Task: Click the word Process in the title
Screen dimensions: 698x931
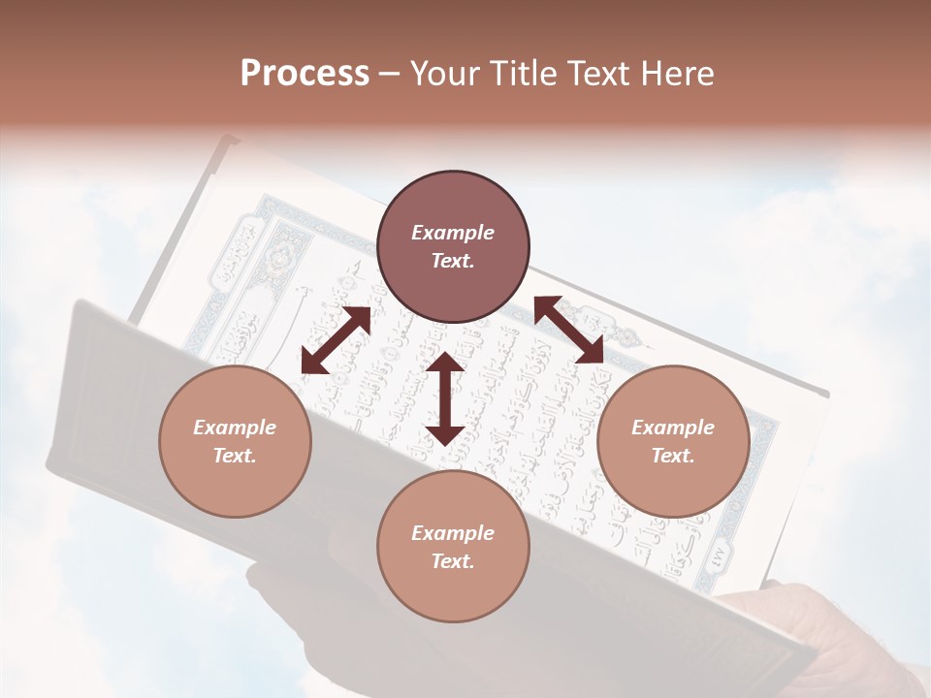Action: tap(305, 74)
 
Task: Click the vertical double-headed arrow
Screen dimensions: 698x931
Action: tap(445, 399)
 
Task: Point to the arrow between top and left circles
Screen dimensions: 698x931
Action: tap(336, 340)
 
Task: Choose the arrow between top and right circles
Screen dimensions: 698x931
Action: tap(569, 331)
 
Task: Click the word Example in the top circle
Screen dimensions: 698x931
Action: tap(453, 233)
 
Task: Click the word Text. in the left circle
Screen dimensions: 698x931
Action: tap(235, 456)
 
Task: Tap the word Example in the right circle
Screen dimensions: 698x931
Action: tap(673, 428)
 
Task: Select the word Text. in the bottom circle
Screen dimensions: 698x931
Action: tap(453, 561)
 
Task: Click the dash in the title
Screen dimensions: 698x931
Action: tap(390, 74)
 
